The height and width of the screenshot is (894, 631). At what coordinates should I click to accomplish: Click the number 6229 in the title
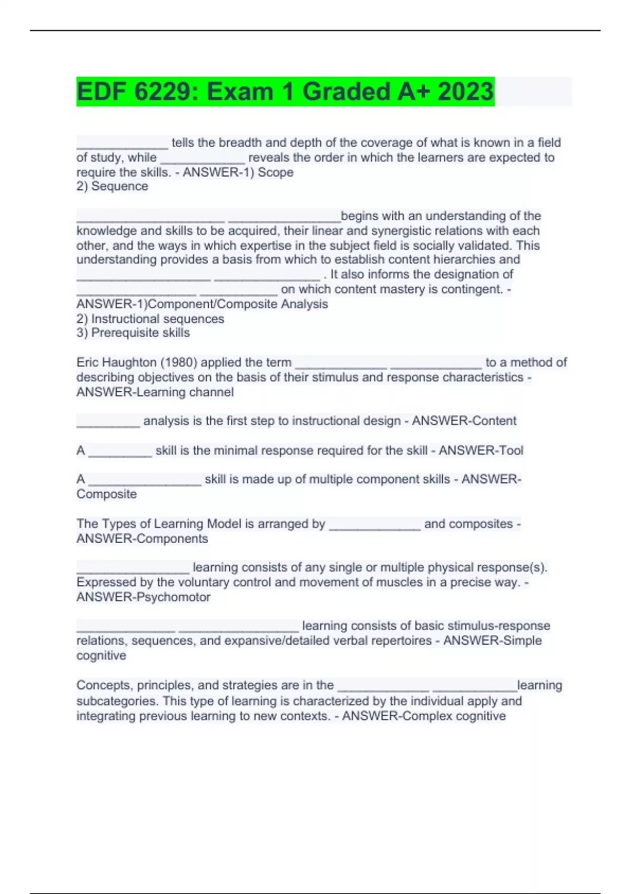pyautogui.click(x=164, y=92)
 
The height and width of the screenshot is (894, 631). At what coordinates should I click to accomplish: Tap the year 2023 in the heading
pyautogui.click(x=465, y=92)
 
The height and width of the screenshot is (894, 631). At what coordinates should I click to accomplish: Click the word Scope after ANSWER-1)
pyautogui.click(x=276, y=172)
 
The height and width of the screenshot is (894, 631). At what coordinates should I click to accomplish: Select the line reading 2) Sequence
pyautogui.click(x=112, y=186)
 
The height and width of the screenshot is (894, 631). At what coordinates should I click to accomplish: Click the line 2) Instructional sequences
pyautogui.click(x=150, y=319)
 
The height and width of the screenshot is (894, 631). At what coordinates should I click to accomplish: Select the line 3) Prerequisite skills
pyautogui.click(x=133, y=332)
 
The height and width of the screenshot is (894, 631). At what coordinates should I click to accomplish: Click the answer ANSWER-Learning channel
pyautogui.click(x=155, y=392)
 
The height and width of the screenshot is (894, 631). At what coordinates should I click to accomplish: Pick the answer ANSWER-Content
pyautogui.click(x=464, y=421)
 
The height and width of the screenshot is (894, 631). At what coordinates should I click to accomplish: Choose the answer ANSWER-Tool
pyautogui.click(x=481, y=450)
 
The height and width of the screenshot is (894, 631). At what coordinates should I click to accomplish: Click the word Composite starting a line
pyautogui.click(x=106, y=494)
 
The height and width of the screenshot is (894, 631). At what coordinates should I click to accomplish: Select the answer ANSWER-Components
pyautogui.click(x=142, y=539)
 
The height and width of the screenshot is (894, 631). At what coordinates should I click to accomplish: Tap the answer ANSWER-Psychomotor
pyautogui.click(x=143, y=597)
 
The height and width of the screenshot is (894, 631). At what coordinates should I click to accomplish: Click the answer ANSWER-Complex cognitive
pyautogui.click(x=424, y=716)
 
